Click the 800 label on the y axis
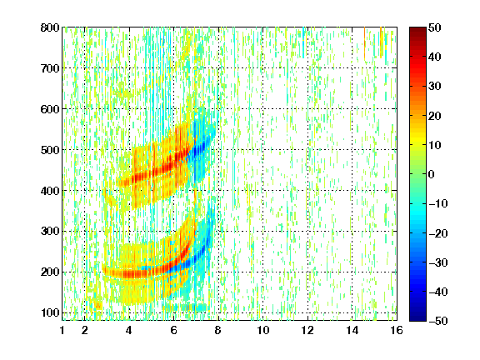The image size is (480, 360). (x=50, y=27)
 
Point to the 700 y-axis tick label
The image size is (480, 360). (x=50, y=68)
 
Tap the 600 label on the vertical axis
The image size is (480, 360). (x=50, y=109)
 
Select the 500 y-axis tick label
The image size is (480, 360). (x=50, y=150)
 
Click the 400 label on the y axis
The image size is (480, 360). (x=50, y=191)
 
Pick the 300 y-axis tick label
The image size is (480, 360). (x=50, y=231)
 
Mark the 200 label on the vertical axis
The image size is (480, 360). (x=50, y=272)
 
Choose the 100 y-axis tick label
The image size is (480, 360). (x=50, y=312)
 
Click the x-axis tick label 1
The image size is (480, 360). (x=62, y=330)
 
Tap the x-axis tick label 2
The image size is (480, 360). (x=85, y=330)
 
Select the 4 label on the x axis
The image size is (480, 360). (x=129, y=330)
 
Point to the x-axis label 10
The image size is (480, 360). (x=263, y=330)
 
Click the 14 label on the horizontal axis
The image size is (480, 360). (x=352, y=330)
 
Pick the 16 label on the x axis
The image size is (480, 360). (x=397, y=330)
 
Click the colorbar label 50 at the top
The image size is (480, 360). (x=435, y=27)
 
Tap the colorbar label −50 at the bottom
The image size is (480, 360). (x=438, y=321)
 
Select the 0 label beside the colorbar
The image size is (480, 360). (x=432, y=174)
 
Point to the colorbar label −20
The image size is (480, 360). (x=438, y=233)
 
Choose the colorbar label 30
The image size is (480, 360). (x=435, y=87)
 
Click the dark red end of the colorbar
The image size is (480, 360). (x=417, y=31)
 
